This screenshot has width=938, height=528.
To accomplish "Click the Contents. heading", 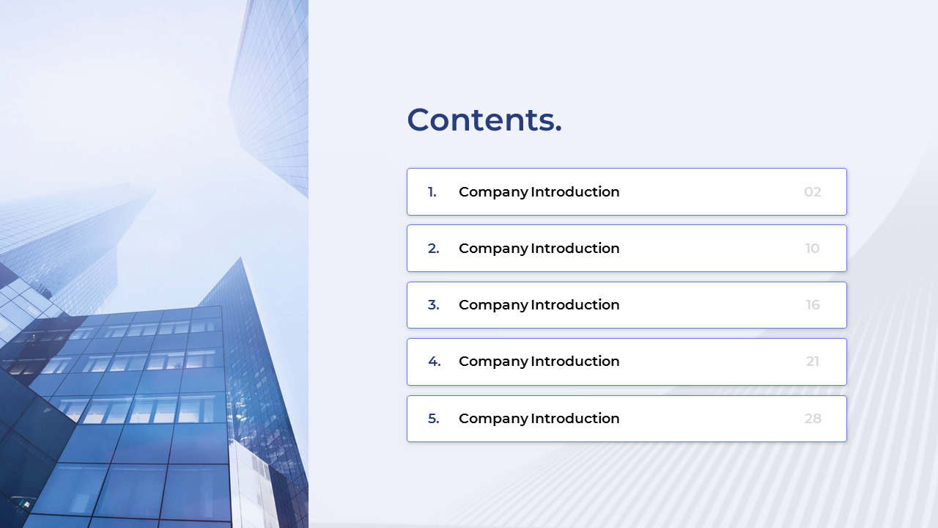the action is tap(484, 120).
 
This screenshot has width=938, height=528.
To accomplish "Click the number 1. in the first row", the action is tap(432, 192).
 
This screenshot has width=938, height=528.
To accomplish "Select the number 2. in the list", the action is tap(433, 249).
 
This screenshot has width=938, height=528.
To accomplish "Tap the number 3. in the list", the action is tap(433, 305).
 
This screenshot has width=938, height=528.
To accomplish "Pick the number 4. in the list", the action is tap(435, 362).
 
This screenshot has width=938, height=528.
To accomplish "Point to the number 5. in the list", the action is tap(433, 418).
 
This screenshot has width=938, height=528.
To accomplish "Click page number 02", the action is tap(813, 192).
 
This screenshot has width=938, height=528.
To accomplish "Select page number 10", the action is tap(813, 249).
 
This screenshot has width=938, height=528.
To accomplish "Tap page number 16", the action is tap(813, 305).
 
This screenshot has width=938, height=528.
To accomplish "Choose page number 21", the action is tap(813, 362).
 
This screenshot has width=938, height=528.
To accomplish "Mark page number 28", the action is tap(813, 418).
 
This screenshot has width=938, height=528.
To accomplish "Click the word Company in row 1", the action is tap(493, 193).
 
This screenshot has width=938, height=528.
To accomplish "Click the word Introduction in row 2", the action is tap(575, 249).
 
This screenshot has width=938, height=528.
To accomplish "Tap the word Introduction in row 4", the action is tap(575, 362).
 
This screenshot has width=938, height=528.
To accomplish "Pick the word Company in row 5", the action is tap(493, 419).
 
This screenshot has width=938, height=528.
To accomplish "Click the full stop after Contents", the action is tap(558, 130).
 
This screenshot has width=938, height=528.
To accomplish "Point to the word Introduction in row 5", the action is tap(575, 418).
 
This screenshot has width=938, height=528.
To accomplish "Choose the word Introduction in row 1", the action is tap(575, 192).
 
